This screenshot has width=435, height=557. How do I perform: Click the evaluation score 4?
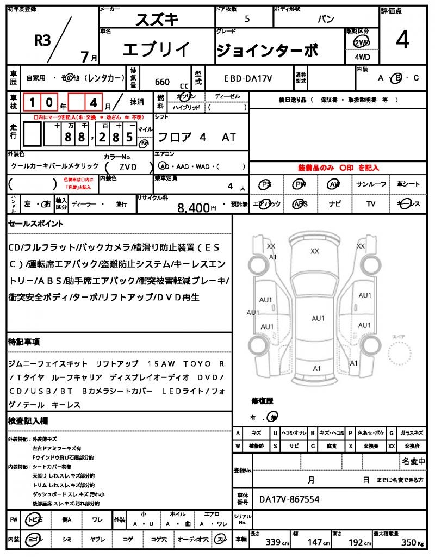click(403, 41)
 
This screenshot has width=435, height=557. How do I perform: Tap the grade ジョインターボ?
click(267, 50)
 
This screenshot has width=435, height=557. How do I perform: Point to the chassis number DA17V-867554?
click(289, 499)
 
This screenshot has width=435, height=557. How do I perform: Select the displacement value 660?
click(162, 82)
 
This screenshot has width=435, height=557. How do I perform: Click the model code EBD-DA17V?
click(248, 78)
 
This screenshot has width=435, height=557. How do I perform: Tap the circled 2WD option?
click(361, 42)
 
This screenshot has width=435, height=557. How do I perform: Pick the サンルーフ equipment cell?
click(371, 184)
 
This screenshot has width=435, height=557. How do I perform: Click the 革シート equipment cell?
click(408, 184)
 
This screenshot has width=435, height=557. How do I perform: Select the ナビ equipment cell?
click(334, 204)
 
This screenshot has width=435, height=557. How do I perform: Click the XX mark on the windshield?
click(314, 251)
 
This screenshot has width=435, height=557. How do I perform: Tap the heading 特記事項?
click(23, 342)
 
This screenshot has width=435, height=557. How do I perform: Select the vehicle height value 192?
click(356, 543)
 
